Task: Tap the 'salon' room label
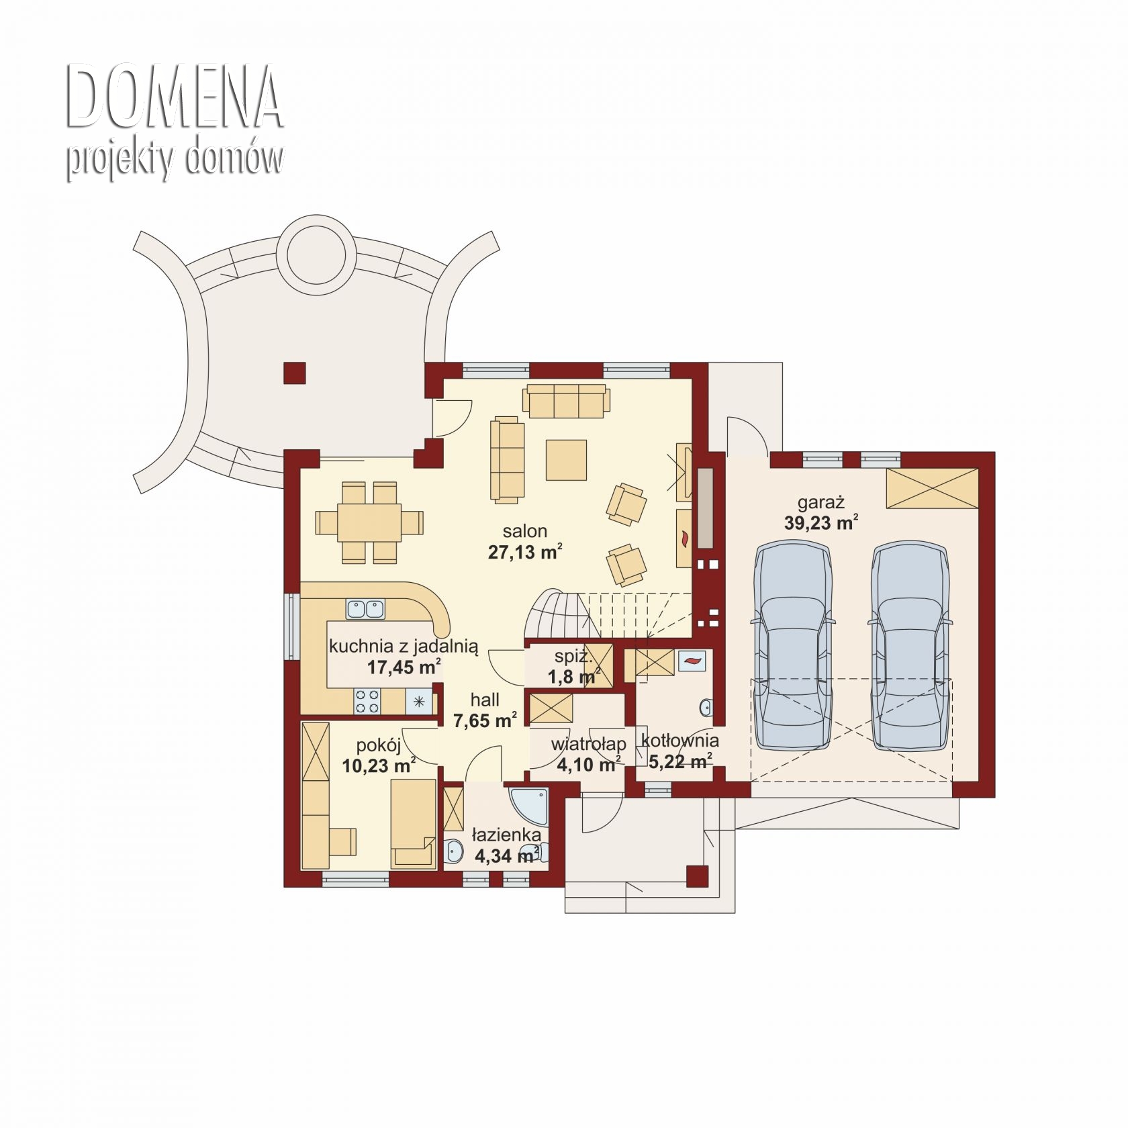(525, 531)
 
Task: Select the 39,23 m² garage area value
(821, 523)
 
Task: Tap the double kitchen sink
(365, 609)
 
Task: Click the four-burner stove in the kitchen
(367, 702)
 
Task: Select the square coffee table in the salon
(566, 460)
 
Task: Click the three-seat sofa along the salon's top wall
(567, 402)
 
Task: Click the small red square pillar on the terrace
(294, 373)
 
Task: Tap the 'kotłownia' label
(679, 741)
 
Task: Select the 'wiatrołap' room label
(588, 745)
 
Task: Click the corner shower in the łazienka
(530, 806)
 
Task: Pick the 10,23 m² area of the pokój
(379, 765)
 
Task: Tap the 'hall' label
(485, 700)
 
